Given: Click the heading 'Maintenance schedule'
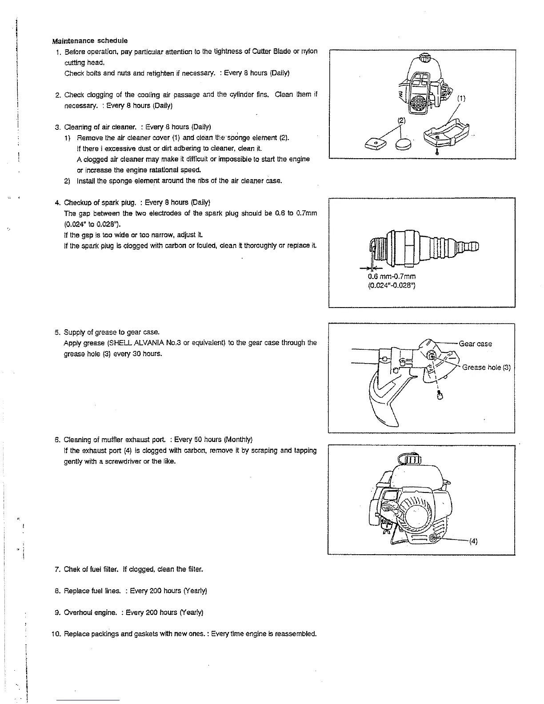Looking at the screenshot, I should point(90,41).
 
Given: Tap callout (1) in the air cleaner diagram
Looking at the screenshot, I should point(461,99).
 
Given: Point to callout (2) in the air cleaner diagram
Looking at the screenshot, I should point(401,120).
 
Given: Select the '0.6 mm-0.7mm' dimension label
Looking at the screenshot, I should point(392,276).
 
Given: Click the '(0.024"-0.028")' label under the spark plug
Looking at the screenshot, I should point(392,285).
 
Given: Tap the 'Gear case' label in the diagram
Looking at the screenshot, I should point(475,344).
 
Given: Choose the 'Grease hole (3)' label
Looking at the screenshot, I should point(486,367).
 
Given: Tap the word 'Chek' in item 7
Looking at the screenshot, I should point(72,569).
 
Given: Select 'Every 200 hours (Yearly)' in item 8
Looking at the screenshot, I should point(168,591).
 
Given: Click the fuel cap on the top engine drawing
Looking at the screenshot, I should point(425,57).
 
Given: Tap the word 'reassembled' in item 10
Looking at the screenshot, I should point(295,634).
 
